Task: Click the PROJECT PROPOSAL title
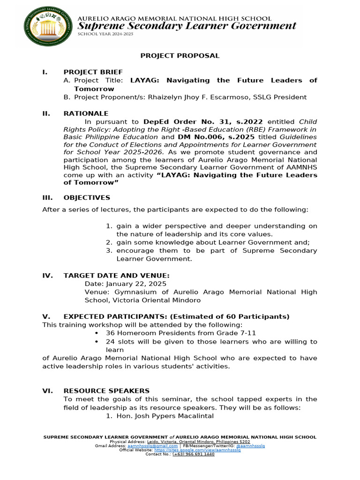(x=180, y=55)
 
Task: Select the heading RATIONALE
(x=86, y=113)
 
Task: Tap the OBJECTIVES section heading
(x=87, y=197)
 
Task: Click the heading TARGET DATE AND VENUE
(x=117, y=276)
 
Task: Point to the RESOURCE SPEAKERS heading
(x=106, y=390)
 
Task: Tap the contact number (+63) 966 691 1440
(x=193, y=454)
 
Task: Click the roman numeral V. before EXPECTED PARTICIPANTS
(x=46, y=316)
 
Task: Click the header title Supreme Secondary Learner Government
(x=187, y=26)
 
